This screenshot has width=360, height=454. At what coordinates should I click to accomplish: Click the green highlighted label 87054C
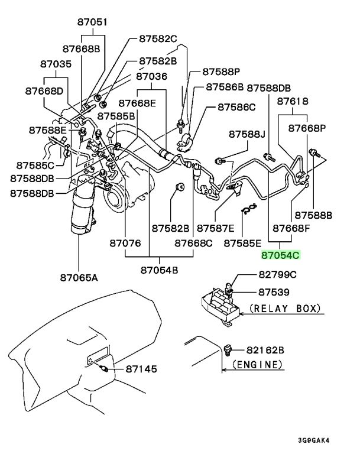click(280, 255)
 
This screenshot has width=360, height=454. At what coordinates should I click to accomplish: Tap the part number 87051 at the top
click(92, 22)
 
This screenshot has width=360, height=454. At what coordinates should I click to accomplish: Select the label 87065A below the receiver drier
click(79, 278)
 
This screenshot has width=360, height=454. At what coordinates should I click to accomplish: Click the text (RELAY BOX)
click(286, 309)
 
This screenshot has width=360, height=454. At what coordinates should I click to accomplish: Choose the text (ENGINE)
click(258, 364)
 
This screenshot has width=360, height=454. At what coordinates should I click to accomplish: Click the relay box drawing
click(220, 306)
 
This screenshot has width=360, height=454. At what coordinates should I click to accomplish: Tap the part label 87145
click(141, 369)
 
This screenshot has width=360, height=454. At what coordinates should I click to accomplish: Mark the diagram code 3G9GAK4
click(314, 440)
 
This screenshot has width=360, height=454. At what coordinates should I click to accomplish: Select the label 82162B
click(265, 350)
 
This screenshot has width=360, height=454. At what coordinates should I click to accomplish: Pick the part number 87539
click(274, 292)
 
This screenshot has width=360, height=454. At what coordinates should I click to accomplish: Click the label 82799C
click(277, 274)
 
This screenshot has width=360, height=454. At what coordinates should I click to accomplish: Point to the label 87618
click(293, 101)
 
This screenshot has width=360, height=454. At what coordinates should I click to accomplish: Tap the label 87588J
click(247, 134)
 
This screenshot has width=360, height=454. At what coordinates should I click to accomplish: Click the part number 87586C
click(236, 107)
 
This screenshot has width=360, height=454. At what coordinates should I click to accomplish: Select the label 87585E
click(242, 243)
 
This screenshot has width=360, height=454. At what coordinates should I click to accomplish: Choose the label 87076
click(125, 243)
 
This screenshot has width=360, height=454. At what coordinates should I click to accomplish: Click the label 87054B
click(159, 270)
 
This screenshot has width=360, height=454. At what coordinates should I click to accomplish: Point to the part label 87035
click(56, 64)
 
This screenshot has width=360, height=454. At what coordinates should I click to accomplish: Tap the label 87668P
click(307, 128)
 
